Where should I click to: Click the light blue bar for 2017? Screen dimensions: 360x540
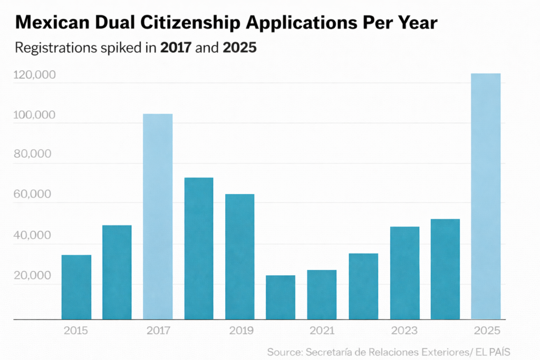tap(158, 217)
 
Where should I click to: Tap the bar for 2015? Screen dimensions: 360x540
tap(76, 287)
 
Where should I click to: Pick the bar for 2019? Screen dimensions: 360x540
tap(239, 257)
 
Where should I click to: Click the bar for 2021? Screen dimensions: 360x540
tap(322, 295)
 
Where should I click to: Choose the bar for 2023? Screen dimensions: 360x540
tap(404, 273)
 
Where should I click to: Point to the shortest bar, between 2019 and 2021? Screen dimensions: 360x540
tap(281, 297)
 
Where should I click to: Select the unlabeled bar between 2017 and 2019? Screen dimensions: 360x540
tap(199, 248)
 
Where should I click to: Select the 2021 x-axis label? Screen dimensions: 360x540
tap(322, 331)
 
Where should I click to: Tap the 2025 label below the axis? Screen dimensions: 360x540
tap(485, 331)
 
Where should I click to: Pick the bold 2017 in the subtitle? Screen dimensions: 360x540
tap(177, 48)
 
